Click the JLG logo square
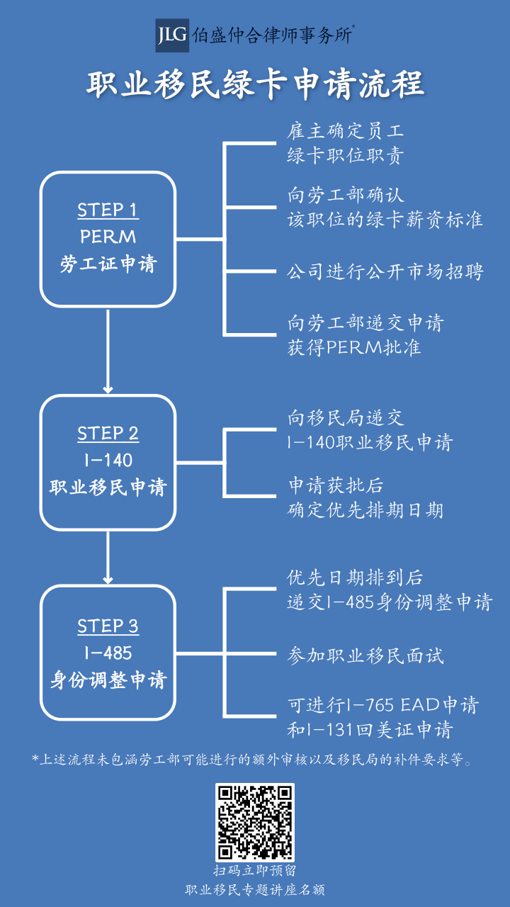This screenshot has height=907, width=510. (x=172, y=35)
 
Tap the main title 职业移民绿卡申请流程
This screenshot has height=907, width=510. (x=255, y=84)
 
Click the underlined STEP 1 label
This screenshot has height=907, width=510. (x=108, y=210)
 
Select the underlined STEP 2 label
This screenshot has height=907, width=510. (x=108, y=433)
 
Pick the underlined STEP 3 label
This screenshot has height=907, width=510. (x=108, y=626)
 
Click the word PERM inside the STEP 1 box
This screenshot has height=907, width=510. (x=108, y=237)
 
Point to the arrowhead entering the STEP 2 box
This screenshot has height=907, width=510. (x=108, y=390)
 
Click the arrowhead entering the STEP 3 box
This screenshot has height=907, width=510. (x=108, y=580)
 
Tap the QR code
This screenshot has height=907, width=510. (x=255, y=823)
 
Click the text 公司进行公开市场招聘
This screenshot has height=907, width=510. (x=385, y=271)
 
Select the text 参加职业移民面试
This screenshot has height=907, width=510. (x=365, y=655)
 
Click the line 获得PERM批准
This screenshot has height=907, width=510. (x=354, y=347)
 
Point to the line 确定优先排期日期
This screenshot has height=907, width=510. (x=365, y=509)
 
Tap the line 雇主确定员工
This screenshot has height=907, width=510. (x=346, y=131)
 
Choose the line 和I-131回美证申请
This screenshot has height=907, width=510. (x=370, y=730)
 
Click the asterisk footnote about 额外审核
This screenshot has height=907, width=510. (x=252, y=759)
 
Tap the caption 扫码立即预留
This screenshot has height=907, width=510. (x=255, y=871)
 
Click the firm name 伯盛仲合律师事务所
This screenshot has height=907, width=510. (x=272, y=35)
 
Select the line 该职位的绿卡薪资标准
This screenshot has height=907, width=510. (x=385, y=220)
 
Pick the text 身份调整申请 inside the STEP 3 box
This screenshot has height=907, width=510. (x=108, y=680)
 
